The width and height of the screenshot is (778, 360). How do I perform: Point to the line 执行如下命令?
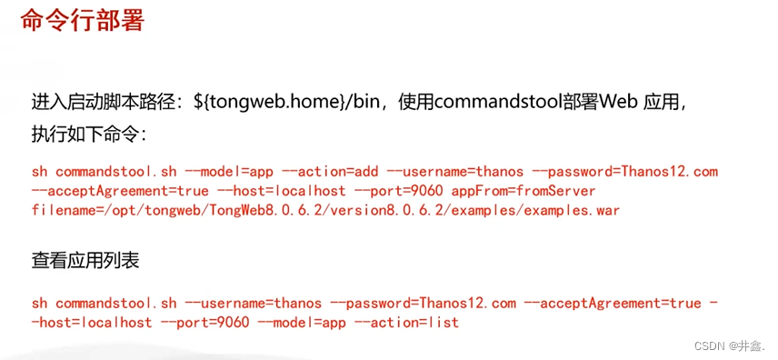[x=88, y=134]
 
